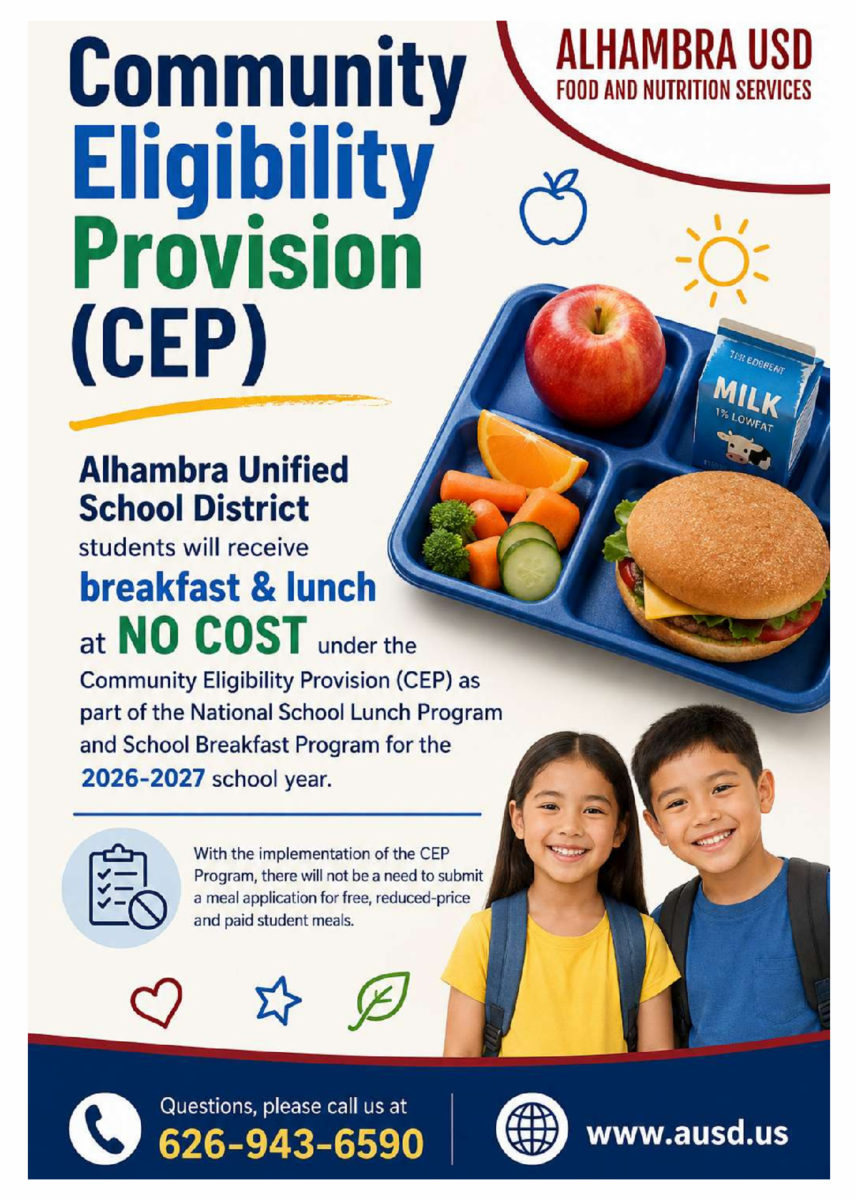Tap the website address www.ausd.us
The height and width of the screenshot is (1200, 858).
(688, 1134)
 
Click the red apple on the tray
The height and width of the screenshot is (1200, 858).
(594, 354)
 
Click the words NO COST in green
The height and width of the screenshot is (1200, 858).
(212, 635)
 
